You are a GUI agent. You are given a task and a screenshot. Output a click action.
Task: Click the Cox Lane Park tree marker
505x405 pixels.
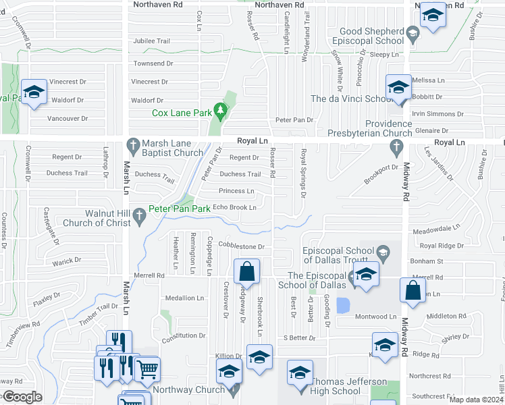point(219,109)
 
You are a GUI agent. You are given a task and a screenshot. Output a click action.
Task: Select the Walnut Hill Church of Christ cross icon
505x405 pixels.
point(140,217)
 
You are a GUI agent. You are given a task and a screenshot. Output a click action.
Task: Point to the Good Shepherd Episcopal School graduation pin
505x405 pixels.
point(412,32)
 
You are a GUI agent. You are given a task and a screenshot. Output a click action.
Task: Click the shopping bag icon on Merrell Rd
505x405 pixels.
point(247,271)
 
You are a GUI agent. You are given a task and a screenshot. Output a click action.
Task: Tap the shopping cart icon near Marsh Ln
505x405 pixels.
point(148,369)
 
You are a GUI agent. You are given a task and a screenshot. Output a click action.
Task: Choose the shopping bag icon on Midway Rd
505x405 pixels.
point(413,290)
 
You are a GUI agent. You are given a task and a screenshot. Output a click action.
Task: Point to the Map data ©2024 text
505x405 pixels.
point(476,400)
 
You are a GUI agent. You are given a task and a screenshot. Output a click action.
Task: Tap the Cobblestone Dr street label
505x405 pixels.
point(240,247)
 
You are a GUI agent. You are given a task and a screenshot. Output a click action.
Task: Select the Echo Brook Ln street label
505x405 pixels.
point(234,207)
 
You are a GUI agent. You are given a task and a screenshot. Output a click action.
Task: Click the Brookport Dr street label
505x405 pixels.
point(381,173)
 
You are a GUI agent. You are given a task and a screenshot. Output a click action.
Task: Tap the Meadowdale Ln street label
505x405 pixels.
point(435,230)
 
